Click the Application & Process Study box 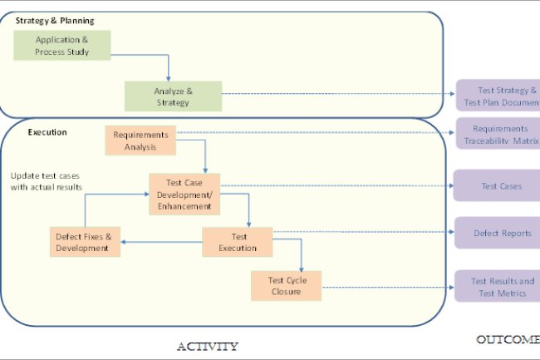[62, 46]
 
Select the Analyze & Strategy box [173, 96]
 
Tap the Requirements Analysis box [140, 141]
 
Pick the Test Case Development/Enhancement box [184, 193]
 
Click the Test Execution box [238, 242]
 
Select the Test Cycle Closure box [286, 286]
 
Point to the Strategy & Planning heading [54, 20]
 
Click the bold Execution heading [47, 132]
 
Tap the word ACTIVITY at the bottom [208, 346]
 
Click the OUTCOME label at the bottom [507, 339]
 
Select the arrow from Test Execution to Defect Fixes [162, 243]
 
